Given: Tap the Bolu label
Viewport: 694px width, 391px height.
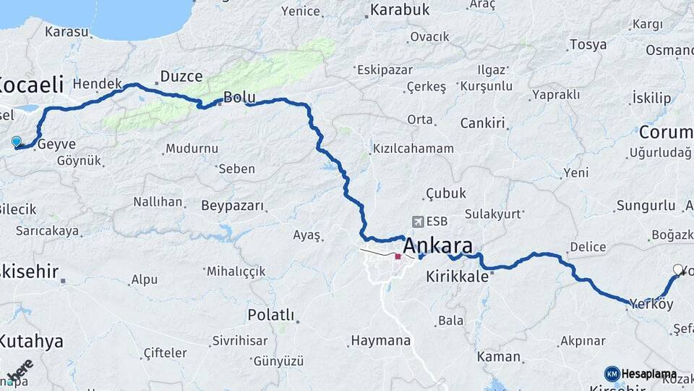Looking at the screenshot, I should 240,97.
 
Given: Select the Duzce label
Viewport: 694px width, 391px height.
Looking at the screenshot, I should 180,76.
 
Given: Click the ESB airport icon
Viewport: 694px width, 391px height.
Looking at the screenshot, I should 416,222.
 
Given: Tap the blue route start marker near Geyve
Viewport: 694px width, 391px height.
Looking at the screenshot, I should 17,142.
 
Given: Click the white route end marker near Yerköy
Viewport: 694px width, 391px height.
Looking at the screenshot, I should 678,270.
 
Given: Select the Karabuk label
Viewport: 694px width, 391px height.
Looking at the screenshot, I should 400,9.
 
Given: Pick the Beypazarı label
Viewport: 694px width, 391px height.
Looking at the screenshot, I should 233,206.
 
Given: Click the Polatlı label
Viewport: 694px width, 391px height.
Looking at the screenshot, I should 270,315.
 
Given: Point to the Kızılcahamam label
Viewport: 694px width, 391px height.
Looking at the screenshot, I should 413,148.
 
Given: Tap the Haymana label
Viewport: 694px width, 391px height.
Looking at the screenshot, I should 380,340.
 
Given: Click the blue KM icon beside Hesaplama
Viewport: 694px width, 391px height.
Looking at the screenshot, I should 612,374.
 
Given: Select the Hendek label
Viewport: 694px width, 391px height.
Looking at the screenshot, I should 98,83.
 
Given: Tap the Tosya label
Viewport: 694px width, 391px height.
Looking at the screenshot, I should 588,45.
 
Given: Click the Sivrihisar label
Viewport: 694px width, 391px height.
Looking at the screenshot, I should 239,340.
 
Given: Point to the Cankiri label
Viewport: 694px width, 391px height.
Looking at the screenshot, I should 482,122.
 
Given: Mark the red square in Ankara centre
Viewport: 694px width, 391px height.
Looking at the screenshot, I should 398,256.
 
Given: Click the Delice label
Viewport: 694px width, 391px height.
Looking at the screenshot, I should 588,247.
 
